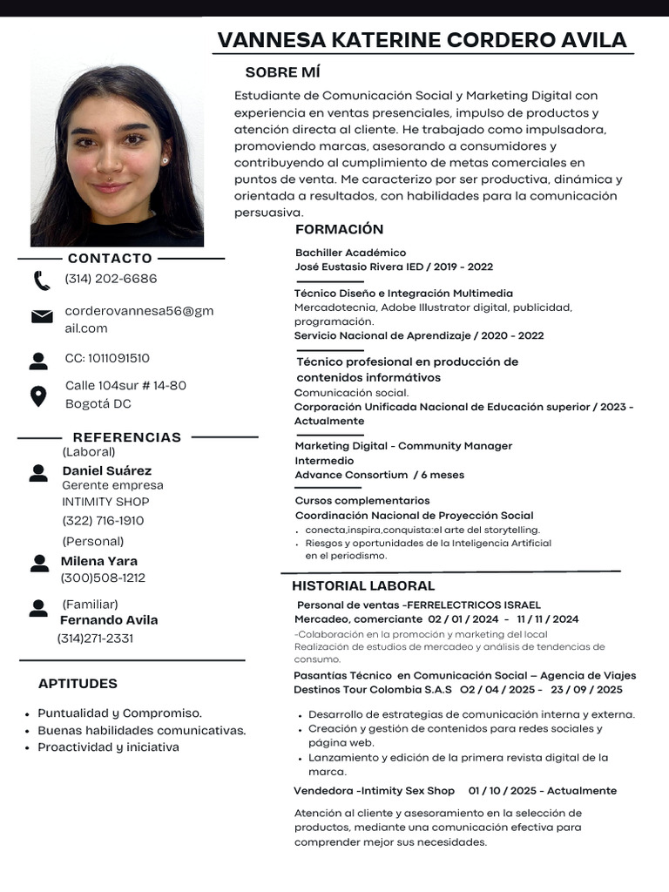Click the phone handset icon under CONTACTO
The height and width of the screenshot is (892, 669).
pyautogui.click(x=42, y=280)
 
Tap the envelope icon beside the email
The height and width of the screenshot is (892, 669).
pyautogui.click(x=42, y=317)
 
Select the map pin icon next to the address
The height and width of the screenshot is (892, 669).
pyautogui.click(x=38, y=396)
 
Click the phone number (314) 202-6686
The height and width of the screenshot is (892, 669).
pyautogui.click(x=111, y=279)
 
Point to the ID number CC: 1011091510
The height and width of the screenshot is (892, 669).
pyautogui.click(x=107, y=358)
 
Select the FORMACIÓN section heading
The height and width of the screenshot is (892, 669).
pyautogui.click(x=339, y=229)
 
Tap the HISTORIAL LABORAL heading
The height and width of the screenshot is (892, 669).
pyautogui.click(x=363, y=585)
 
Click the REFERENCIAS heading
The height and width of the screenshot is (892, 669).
pyautogui.click(x=127, y=437)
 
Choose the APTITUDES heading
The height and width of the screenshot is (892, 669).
pyautogui.click(x=78, y=684)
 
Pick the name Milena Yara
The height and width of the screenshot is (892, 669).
pyautogui.click(x=98, y=561)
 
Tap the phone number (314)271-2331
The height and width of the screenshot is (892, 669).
pyautogui.click(x=95, y=638)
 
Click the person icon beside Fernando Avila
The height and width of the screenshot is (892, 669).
pyautogui.click(x=38, y=608)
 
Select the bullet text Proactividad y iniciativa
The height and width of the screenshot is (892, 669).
pyautogui.click(x=108, y=747)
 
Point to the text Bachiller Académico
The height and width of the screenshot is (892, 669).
pyautogui.click(x=350, y=253)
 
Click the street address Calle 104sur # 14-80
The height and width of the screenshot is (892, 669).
pyautogui.click(x=125, y=385)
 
